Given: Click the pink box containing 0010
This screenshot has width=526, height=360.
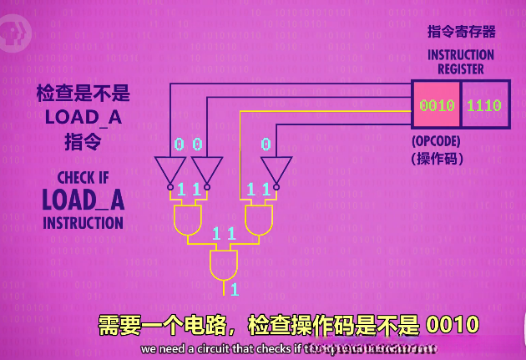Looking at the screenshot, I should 436,105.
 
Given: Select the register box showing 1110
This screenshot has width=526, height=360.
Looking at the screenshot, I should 484,105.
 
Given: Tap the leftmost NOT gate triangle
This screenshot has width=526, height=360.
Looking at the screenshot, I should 169,170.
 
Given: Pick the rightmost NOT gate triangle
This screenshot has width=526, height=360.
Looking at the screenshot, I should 276,170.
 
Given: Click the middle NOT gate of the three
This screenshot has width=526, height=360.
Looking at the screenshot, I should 208,170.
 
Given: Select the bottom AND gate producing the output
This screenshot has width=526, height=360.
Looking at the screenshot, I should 223,266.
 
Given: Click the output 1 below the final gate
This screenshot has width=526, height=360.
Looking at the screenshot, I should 235,290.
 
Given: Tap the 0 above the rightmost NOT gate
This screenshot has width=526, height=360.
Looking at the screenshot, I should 266,145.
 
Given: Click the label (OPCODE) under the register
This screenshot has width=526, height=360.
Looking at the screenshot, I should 437,141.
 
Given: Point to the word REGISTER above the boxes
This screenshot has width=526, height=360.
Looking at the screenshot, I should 461,68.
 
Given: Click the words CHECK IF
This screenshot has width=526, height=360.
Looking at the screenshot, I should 83,178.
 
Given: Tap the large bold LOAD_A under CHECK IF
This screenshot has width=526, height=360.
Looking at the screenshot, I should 83,200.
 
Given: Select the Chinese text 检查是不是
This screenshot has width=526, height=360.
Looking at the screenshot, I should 83,93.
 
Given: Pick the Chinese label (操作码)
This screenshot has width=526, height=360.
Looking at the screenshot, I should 437,158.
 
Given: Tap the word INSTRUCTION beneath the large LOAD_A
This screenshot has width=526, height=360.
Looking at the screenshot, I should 83,223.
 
